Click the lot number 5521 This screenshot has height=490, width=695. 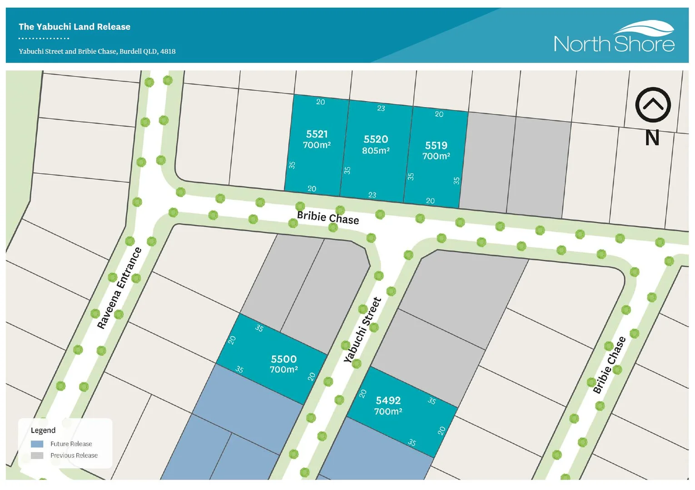[x=317, y=134]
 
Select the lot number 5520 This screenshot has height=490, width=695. [x=376, y=139]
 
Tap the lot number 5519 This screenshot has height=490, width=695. [x=436, y=146]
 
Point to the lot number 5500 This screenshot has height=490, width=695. [x=283, y=359]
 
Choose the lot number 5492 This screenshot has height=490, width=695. [x=388, y=401]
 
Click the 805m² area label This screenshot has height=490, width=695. [x=376, y=151]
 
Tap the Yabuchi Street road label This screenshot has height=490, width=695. [x=362, y=330]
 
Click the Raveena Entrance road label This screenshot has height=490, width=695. [x=119, y=288]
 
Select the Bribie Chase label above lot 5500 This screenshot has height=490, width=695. [x=328, y=218]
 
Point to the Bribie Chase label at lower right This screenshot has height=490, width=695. [x=609, y=365]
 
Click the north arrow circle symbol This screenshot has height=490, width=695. [x=653, y=105]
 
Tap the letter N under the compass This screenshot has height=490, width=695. [x=652, y=137]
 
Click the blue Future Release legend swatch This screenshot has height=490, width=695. [x=37, y=444]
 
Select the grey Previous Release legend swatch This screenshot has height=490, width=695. [x=37, y=456]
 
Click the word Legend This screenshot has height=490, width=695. [x=43, y=430]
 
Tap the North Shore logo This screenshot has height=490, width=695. [x=614, y=37]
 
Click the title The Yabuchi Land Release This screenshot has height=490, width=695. [x=74, y=27]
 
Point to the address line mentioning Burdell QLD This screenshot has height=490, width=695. [x=97, y=51]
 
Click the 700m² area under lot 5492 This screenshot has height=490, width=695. [x=388, y=412]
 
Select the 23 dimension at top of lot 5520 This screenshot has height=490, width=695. [x=381, y=108]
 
